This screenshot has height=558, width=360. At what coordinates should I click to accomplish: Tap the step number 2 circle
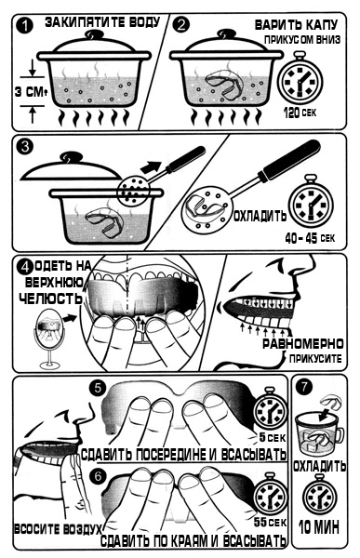pos(181,25)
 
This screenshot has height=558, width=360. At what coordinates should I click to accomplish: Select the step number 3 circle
pos(24,147)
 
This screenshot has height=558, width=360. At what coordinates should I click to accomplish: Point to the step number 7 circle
pos(304,387)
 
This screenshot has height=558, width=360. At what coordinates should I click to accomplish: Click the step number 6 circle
pos(98,476)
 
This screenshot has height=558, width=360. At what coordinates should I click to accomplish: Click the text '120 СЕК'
pos(300,113)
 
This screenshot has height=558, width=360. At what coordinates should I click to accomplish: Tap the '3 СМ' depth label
pos(31,92)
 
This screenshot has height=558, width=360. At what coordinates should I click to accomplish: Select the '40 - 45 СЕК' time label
pos(310,237)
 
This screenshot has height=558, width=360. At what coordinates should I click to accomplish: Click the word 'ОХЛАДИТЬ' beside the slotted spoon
pos(260,216)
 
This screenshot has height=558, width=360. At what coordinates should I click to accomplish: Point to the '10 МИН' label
pos(319,527)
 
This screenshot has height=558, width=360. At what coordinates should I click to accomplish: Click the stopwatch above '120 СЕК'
pos(300,79)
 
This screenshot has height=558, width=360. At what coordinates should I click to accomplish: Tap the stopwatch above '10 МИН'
pos(319,495)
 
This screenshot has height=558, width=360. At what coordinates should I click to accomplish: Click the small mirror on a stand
pos(50,339)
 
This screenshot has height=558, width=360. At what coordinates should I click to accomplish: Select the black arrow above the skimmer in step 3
pos(152,165)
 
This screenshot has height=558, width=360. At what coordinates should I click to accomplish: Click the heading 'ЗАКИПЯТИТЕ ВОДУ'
pos(102,22)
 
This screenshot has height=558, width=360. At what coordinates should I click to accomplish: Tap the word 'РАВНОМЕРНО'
pos(303,344)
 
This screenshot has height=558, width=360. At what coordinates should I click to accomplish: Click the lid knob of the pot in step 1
pos(94,34)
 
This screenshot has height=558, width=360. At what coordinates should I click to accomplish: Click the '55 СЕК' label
pos(270,523)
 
